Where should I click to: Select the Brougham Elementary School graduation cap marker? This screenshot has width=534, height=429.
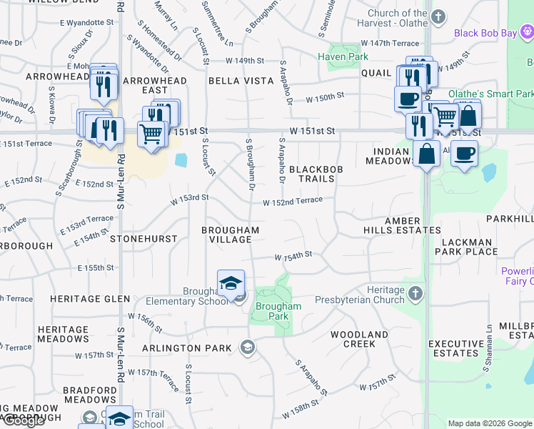231,283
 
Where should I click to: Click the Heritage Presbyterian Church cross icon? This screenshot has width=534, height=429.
415,293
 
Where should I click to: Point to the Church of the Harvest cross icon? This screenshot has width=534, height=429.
439,16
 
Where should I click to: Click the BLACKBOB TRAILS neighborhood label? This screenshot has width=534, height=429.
312,174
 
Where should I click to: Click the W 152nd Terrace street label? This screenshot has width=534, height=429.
293,202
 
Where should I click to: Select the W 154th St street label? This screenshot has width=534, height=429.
295,255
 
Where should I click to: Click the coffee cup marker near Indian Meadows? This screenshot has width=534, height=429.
464,152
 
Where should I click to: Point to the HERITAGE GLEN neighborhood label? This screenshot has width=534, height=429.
90,299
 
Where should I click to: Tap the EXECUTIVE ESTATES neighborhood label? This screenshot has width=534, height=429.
454,348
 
